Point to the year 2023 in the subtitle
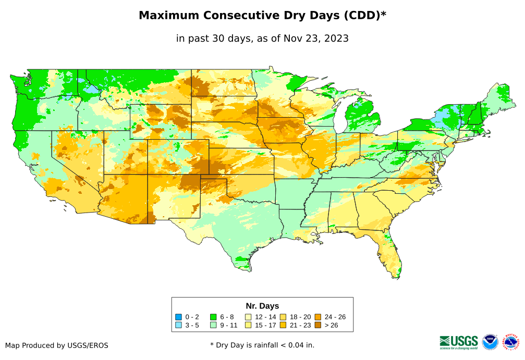337,39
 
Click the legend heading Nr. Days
262,306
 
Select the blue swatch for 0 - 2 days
178,317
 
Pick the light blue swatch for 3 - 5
178,325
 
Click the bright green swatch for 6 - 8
213,317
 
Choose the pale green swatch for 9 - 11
213,325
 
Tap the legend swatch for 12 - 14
249,317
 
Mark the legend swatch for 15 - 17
249,325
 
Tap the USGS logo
459,342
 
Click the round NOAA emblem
490,342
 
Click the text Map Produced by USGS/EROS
57,345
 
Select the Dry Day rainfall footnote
262,345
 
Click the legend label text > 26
332,325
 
